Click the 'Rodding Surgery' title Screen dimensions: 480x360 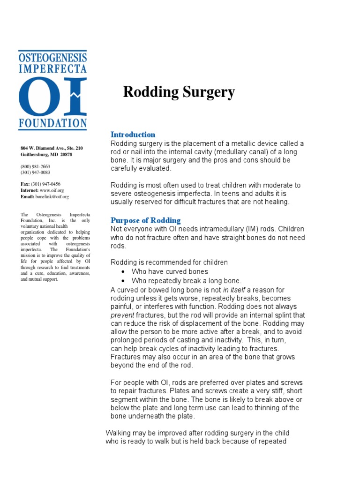pos(179,92)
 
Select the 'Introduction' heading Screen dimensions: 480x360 pos(133,135)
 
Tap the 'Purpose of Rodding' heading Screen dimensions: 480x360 pos(145,220)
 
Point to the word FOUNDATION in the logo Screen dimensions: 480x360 pos(52,124)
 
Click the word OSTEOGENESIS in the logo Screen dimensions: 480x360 pos(52,57)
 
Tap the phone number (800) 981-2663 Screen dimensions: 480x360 pos(35,166)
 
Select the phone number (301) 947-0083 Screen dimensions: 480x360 pos(35,172)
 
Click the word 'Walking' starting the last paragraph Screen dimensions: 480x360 pos(119,433)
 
